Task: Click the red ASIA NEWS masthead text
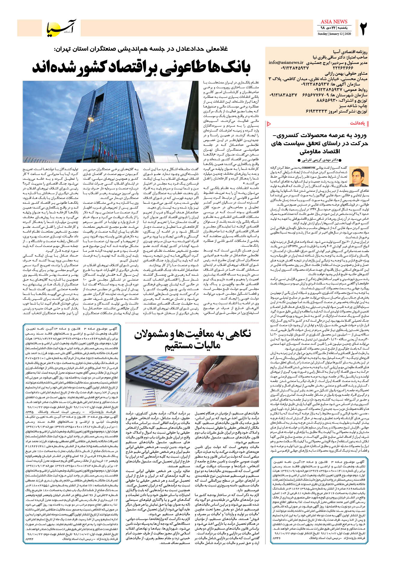tap(334, 22)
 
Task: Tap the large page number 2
tap(364, 28)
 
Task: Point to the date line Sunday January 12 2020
tap(334, 34)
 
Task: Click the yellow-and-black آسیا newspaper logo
tap(62, 28)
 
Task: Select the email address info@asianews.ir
tap(286, 63)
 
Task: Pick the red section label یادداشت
tap(357, 123)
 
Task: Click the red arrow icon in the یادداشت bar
tap(269, 123)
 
